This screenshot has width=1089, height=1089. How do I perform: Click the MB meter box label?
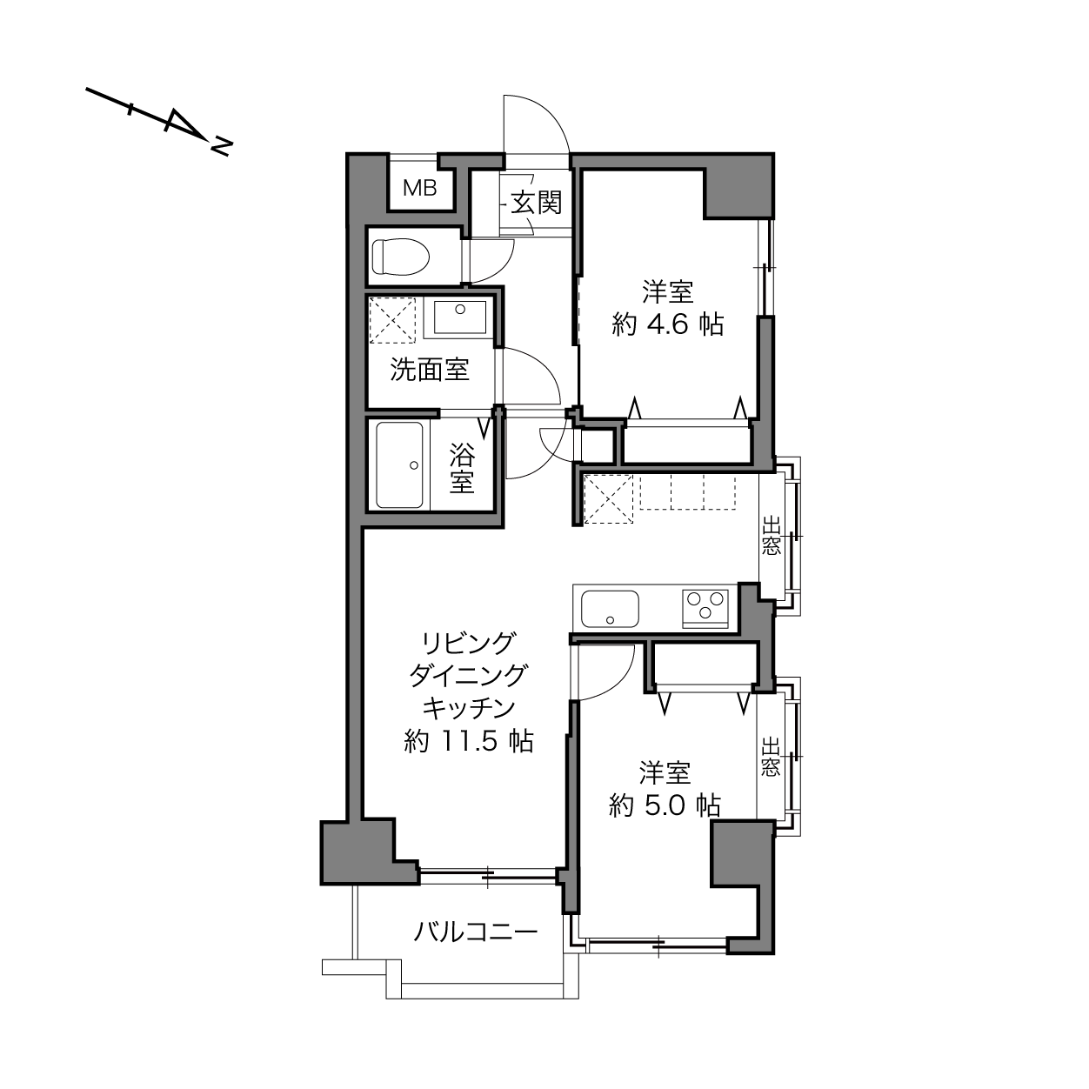(x=420, y=188)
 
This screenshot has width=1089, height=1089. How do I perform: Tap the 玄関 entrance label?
(x=536, y=203)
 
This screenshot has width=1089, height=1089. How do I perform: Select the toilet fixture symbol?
(x=400, y=257)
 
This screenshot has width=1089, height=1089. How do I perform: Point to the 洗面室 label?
(x=430, y=370)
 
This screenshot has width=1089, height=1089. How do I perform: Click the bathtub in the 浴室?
(x=399, y=465)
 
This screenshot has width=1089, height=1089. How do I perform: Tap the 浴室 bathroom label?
(x=462, y=469)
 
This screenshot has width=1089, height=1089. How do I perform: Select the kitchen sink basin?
(x=610, y=609)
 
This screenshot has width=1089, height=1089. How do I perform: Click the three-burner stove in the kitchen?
(x=705, y=608)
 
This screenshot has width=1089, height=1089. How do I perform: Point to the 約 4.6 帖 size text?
(x=667, y=325)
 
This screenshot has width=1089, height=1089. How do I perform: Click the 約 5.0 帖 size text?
(x=665, y=805)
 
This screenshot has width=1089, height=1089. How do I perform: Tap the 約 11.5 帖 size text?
(x=469, y=741)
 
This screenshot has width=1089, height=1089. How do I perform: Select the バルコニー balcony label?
(x=475, y=932)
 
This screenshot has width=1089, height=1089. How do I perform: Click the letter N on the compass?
(x=222, y=146)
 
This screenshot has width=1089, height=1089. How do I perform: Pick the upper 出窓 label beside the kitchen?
(x=771, y=535)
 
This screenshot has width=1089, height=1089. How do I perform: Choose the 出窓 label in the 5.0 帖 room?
(x=770, y=756)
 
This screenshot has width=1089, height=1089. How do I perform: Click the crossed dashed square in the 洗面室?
(x=392, y=320)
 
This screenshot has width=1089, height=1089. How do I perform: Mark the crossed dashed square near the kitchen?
(x=608, y=499)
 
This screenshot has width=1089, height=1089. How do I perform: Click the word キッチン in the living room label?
(x=469, y=707)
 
